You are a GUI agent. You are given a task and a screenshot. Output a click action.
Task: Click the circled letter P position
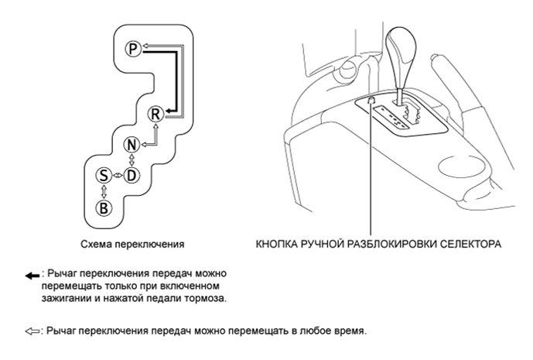click(132, 49)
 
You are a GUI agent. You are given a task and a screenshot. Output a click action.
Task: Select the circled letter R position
click(155, 114)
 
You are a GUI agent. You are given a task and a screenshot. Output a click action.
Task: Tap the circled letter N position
click(132, 145)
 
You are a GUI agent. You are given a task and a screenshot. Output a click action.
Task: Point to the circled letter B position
click(103, 207)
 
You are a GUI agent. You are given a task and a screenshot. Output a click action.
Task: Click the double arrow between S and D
click(117, 176)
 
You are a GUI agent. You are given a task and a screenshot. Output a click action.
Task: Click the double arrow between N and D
click(132, 160)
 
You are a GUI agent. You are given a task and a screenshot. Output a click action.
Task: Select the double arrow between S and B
click(103, 191)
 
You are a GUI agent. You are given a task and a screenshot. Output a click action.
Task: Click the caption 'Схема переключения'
click(132, 243)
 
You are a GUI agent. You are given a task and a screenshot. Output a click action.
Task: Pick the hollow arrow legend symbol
click(32, 331)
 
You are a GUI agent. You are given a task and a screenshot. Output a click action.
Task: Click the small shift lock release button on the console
click(372, 100)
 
